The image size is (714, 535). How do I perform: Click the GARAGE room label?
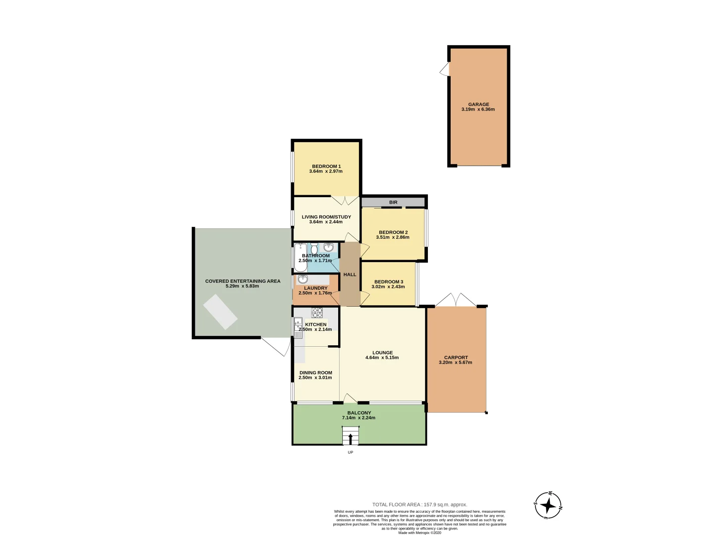(x=478, y=105)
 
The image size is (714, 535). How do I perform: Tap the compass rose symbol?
(x=548, y=506)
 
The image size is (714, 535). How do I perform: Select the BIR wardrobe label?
(x=393, y=202)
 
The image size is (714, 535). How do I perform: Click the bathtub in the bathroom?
(x=300, y=257)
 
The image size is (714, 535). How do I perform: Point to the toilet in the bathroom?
(x=314, y=249)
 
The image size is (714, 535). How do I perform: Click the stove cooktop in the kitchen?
(x=317, y=313)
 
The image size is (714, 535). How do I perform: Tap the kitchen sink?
(x=298, y=327)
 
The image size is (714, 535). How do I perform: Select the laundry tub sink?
(x=303, y=279)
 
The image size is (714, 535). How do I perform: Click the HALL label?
(x=350, y=274)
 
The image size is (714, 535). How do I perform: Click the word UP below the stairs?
(x=350, y=452)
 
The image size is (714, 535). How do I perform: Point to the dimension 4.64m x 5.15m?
(x=382, y=358)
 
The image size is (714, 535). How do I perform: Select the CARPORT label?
(x=456, y=357)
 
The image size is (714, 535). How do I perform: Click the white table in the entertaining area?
(x=221, y=312)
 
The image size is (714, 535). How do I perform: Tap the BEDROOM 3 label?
(x=388, y=282)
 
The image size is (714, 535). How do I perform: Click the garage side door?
(x=445, y=69)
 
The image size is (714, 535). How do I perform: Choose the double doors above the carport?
(x=456, y=300)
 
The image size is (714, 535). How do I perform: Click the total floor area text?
(x=419, y=505)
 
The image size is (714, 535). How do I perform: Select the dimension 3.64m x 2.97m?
(x=326, y=171)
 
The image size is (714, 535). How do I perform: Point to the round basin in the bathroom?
(x=328, y=247)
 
